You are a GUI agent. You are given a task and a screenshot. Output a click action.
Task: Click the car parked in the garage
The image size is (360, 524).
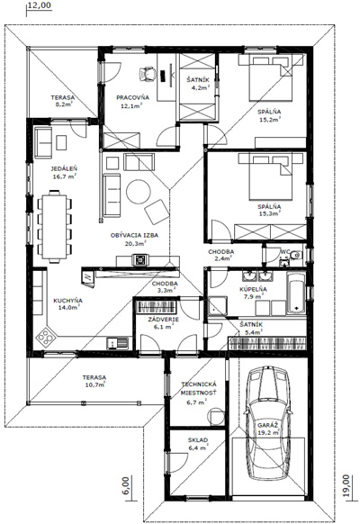coord(266,424)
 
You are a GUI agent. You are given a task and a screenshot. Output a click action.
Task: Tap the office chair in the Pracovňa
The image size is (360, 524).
coord(148,74)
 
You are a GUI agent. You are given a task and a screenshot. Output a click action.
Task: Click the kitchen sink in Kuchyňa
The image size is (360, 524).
coord(117,343)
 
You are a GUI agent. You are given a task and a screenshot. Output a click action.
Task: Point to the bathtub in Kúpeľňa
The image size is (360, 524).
coord(296,294)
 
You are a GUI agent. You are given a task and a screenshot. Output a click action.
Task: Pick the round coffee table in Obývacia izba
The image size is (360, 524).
coord(139,192)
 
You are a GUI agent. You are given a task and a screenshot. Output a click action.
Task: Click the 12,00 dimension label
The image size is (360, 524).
coord(40,5)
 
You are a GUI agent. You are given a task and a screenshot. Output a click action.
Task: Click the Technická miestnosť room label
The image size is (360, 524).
coord(198,388)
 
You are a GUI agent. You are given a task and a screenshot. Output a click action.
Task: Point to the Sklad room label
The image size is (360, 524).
coord(198,439)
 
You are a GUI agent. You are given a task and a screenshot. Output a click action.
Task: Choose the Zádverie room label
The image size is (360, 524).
coord(163,319)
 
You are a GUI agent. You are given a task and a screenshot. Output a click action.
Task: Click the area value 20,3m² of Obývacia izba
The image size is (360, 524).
coord(135,244)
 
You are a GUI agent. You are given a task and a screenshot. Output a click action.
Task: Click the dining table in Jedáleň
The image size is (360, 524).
coord(54,226)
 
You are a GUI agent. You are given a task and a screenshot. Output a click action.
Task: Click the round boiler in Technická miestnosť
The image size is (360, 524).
coord(216,417)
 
